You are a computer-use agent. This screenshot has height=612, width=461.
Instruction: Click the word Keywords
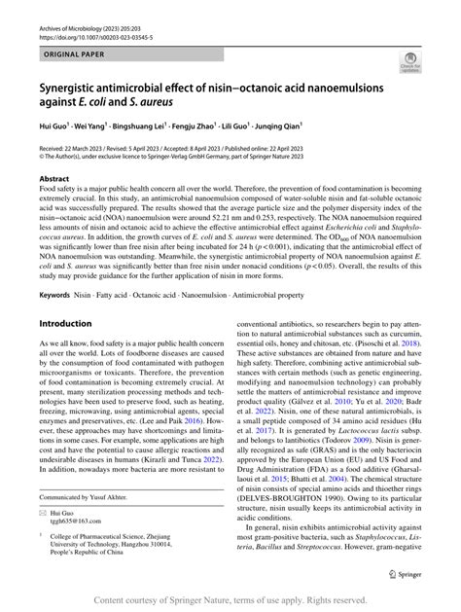click(54, 294)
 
